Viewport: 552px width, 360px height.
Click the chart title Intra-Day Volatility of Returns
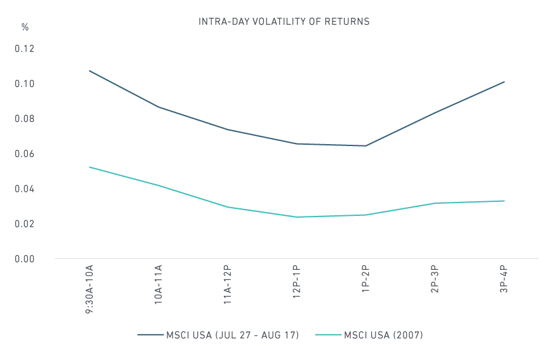(x=284, y=22)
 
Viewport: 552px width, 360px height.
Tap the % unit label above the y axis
(x=25, y=27)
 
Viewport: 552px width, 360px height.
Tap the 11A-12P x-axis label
(x=228, y=286)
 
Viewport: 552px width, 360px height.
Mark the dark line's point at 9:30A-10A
(x=89, y=70)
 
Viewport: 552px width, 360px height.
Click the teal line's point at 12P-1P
(x=297, y=217)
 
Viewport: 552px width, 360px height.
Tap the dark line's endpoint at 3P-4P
(x=504, y=82)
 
